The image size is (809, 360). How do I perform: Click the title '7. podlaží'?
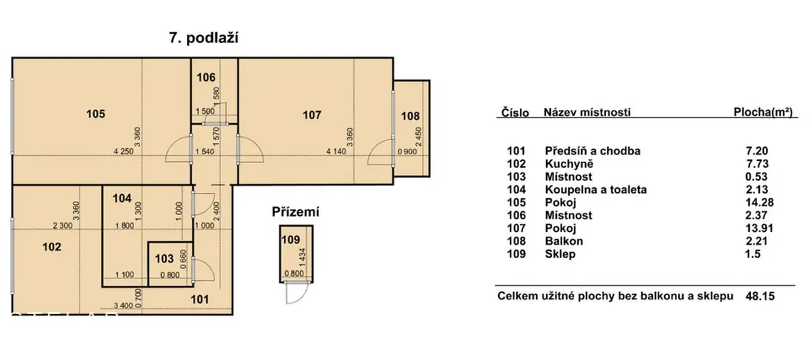coord(204,38)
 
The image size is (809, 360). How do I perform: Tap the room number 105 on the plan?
coord(96,114)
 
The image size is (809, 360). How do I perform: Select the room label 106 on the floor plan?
coord(206,78)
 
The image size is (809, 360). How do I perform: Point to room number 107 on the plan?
coord(311,115)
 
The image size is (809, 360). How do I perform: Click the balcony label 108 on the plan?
coord(411,116)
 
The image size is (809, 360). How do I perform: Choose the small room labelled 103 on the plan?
coord(164,258)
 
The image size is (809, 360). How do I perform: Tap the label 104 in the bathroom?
coord(122,198)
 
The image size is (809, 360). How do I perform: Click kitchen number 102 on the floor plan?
coord(52,247)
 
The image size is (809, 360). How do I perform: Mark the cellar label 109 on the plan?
coord(291,239)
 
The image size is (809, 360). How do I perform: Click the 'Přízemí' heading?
coord(295,212)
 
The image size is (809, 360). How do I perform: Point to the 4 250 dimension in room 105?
coord(123,152)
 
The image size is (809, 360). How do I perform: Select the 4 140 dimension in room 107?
coord(336,152)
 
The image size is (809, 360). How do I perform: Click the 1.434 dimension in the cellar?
coord(303,258)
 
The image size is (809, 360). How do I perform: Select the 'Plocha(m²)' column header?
coord(763,113)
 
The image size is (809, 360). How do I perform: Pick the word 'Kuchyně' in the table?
coord(569,164)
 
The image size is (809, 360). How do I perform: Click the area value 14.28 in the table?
coord(760,202)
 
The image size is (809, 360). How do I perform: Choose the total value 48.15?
coord(760,297)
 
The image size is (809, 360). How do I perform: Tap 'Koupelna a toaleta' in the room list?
coord(596,189)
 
